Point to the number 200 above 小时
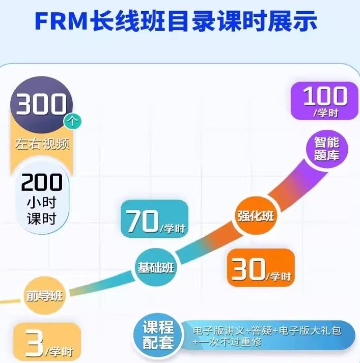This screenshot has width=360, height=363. (x=42, y=182)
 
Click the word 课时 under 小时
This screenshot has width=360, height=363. (x=42, y=219)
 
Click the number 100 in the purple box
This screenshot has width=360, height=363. (x=325, y=96)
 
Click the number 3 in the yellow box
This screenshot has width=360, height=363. (x=34, y=345)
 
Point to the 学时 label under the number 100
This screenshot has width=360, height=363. (x=325, y=113)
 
